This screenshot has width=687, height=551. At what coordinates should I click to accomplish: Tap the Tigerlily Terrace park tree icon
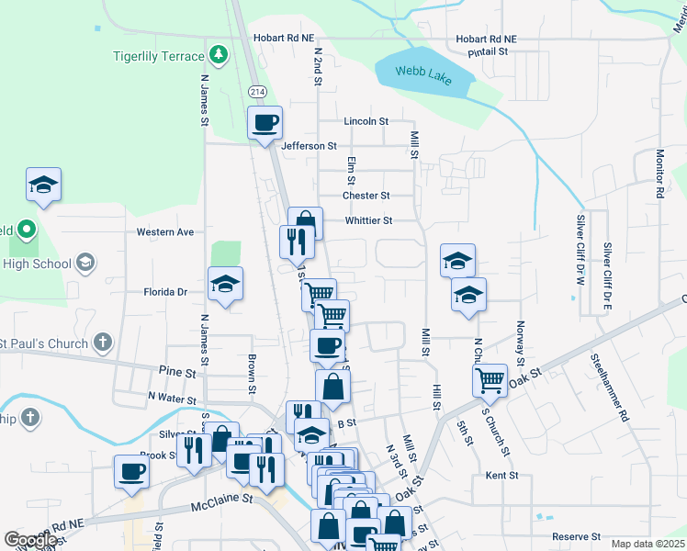coord(219,56)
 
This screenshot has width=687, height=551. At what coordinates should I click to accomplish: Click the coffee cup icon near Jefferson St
coord(265,122)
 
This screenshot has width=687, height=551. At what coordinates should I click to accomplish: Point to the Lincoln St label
coord(366,121)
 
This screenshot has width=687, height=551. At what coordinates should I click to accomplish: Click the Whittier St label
coord(368,220)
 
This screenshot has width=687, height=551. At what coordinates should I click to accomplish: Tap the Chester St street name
coord(366,196)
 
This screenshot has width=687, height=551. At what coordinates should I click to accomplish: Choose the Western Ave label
coord(165,232)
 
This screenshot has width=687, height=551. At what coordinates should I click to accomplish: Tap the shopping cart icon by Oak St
coord(490,378)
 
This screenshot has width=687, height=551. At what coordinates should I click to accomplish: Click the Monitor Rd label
coord(659,174)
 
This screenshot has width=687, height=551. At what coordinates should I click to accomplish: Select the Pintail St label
coord(489,52)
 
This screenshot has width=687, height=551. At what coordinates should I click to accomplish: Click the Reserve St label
coord(577,536)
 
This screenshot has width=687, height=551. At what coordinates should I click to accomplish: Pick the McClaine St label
coord(221,499)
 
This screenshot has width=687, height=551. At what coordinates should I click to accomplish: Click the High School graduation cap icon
coord(85,264)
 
